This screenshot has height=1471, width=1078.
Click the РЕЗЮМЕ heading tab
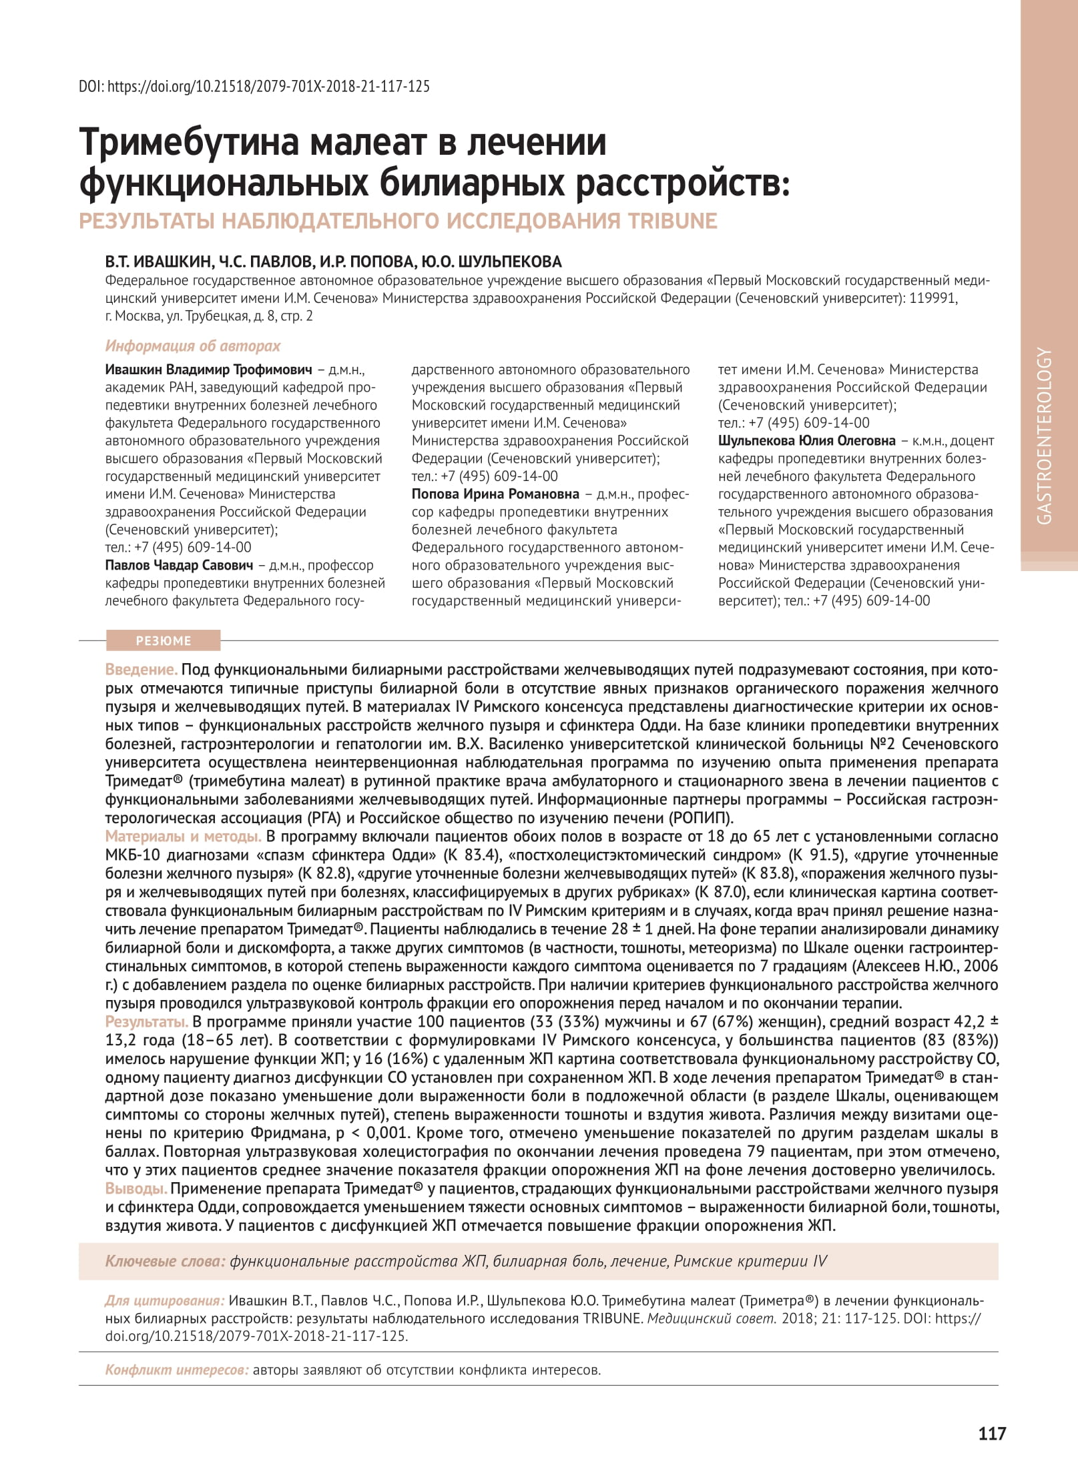164,640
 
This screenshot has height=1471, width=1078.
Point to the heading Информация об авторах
193,346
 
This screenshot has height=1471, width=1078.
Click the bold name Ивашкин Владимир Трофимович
209,370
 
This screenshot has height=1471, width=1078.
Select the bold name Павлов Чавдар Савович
180,565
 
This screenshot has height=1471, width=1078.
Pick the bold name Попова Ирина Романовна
495,494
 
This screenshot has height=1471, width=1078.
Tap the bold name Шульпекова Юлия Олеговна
807,440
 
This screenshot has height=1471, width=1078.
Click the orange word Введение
142,669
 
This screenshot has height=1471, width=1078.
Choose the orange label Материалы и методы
183,837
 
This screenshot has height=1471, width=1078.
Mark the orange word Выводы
136,1188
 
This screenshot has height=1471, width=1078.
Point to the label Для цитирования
164,1300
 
